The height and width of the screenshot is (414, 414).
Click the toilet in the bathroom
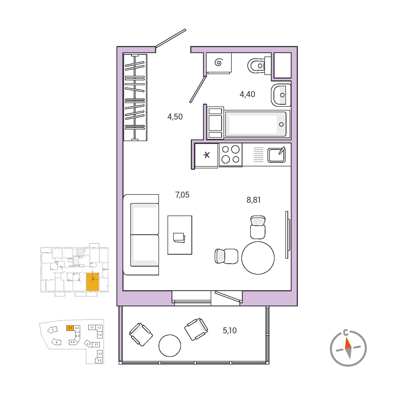[x=259, y=66]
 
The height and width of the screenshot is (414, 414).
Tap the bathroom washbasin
[x=281, y=95]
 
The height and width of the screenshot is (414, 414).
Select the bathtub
[x=256, y=124]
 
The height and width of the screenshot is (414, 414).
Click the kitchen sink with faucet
[x=277, y=155]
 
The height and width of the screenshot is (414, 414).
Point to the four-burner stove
[x=231, y=155]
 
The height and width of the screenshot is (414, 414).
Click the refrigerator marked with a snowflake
[x=206, y=155]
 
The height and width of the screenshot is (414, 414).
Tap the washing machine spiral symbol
[x=218, y=63]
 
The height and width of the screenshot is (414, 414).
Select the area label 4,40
[x=247, y=94]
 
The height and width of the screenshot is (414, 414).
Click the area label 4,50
[x=175, y=117]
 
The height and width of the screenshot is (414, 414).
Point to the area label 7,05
[x=182, y=195]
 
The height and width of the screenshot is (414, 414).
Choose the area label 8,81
[x=254, y=200]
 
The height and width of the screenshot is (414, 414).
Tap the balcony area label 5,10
[x=230, y=331]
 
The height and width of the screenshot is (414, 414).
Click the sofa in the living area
[x=141, y=235]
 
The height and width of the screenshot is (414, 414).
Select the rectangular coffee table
[x=180, y=235]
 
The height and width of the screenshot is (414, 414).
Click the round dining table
[x=258, y=258]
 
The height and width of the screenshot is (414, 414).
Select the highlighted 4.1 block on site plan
[x=70, y=328]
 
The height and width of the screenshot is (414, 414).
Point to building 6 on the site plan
[x=56, y=342]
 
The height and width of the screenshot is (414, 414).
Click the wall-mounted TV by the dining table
[x=287, y=235]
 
